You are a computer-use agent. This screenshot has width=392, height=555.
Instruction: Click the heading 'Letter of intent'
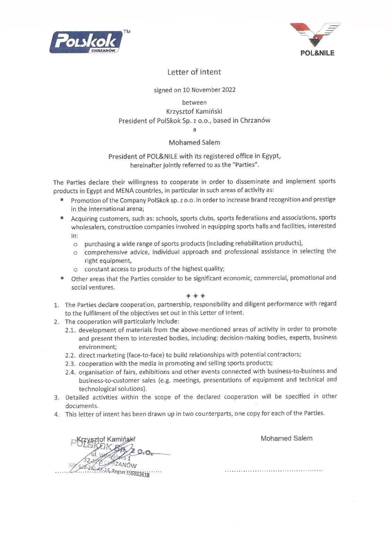pyautogui.click(x=194, y=72)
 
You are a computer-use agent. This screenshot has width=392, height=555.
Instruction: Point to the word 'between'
pyautogui.click(x=194, y=103)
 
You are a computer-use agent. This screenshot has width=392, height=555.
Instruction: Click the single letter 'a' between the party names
pyautogui.click(x=194, y=130)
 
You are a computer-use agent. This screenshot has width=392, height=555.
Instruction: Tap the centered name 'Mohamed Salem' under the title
pyautogui.click(x=194, y=143)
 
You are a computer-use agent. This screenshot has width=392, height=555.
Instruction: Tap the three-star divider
pyautogui.click(x=195, y=296)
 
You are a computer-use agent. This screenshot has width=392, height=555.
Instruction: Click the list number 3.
pyautogui.click(x=56, y=398)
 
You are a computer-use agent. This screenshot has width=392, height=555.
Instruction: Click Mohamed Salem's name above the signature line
pyautogui.click(x=286, y=438)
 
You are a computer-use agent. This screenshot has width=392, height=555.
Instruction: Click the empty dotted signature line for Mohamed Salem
pyautogui.click(x=273, y=471)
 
